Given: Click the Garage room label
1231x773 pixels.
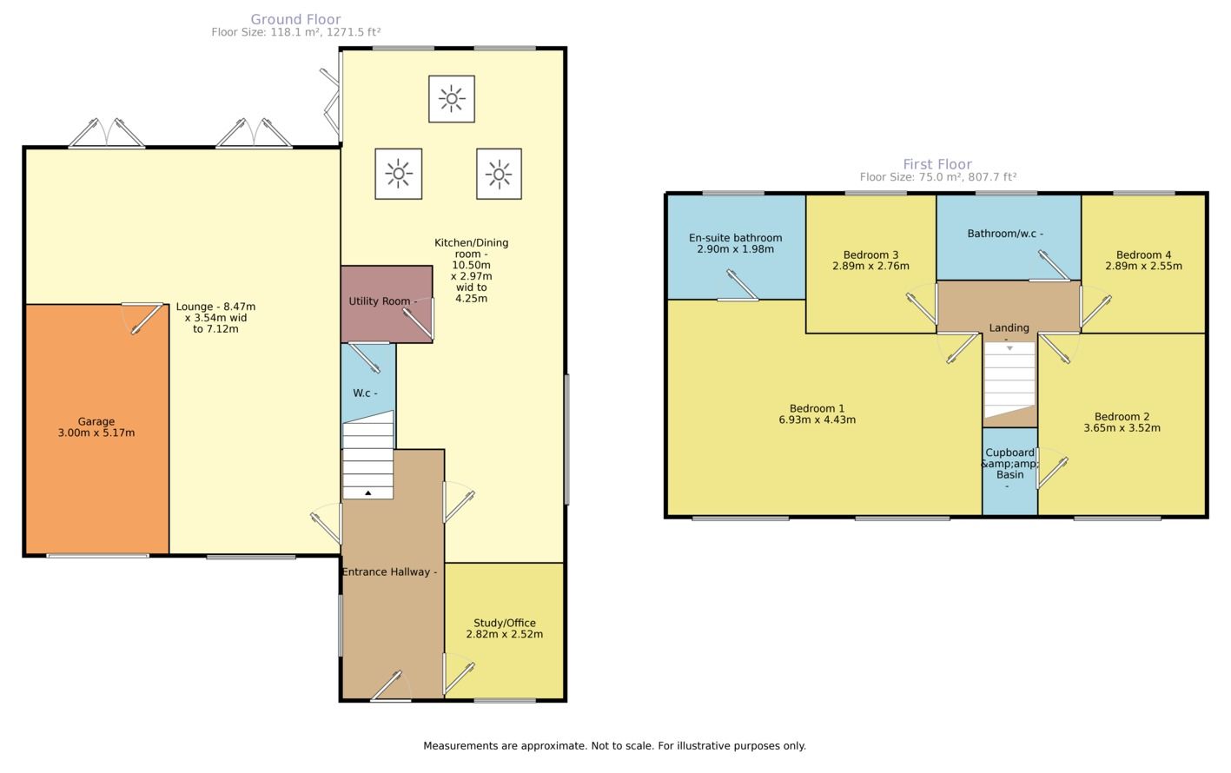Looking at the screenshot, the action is (96, 421).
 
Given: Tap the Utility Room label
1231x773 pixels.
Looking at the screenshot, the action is (380, 301).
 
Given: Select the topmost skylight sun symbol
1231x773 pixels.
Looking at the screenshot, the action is (452, 99).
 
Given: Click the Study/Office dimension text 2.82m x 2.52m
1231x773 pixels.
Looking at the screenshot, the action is (505, 634).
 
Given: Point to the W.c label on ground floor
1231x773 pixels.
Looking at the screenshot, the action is (361, 393).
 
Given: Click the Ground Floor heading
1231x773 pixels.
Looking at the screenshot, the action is (295, 19).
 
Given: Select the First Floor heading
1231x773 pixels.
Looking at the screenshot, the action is (937, 164).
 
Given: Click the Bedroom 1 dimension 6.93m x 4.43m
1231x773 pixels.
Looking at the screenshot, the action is (817, 420).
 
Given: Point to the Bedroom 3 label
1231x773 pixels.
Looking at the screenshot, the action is (871, 255).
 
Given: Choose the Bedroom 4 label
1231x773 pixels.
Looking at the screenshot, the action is (1143, 255).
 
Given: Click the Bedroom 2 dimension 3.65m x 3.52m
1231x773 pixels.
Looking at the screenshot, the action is (1122, 428).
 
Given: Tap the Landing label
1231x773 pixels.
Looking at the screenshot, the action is (1009, 328).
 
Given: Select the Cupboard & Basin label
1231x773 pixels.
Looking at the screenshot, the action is (1010, 464).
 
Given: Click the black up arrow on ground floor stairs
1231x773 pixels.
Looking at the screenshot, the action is (368, 493).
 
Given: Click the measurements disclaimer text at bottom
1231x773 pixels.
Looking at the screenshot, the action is (614, 746).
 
